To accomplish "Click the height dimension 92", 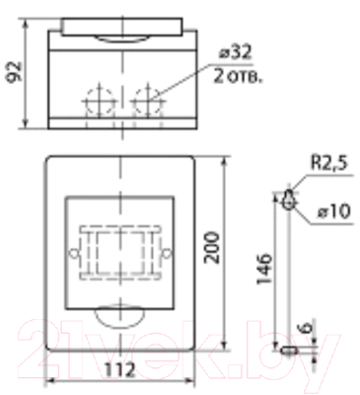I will pos(13,70).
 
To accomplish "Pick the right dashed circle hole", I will pos(146,101).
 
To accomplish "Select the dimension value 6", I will pos(307,330).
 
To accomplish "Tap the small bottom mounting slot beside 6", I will pos(288,349).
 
